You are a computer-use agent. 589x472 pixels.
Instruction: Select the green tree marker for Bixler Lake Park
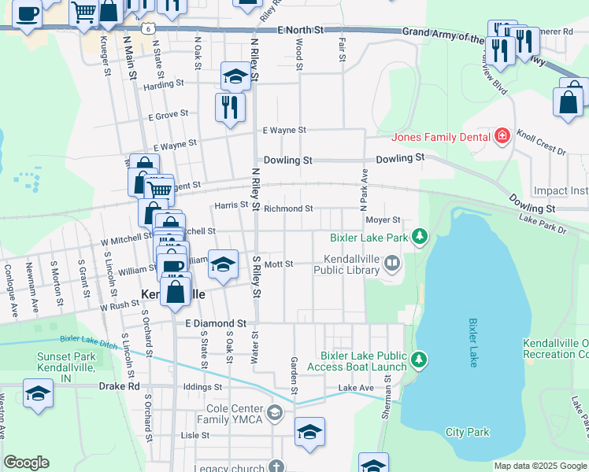tap(420, 236)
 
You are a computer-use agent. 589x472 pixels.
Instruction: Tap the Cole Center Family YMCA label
tap(235, 415)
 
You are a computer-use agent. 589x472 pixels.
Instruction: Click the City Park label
tap(467, 432)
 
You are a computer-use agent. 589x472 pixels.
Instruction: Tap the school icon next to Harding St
tap(235, 76)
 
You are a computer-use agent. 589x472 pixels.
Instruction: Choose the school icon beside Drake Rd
tap(38, 393)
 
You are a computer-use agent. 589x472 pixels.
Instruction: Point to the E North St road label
tap(301, 30)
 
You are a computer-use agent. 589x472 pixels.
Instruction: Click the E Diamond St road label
tap(216, 323)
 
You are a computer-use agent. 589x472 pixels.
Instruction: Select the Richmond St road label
tap(288, 208)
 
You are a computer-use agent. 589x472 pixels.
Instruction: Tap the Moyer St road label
tap(383, 220)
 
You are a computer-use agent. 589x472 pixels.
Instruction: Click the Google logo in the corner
tap(26, 463)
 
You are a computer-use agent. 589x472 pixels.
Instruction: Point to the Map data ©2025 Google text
tap(539, 466)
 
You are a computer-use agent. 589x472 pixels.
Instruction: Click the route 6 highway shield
tap(148, 28)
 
